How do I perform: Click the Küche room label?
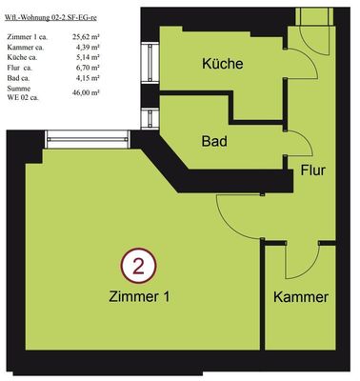[223, 64]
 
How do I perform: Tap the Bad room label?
[214, 141]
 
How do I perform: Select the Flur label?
[313, 170]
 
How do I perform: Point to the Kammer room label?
[301, 297]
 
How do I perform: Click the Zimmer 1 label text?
[139, 297]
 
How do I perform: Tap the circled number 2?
[138, 266]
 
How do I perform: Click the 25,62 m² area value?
[86, 37]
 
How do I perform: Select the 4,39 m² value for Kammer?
[88, 48]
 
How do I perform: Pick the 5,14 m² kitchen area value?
[88, 57]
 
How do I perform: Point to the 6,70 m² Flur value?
[88, 68]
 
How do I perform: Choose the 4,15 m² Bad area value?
[88, 78]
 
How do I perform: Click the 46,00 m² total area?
[86, 92]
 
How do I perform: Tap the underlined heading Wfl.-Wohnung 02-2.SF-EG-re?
[50, 18]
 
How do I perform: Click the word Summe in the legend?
[19, 89]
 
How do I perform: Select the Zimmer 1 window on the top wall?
[88, 139]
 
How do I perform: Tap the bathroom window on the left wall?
[150, 118]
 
